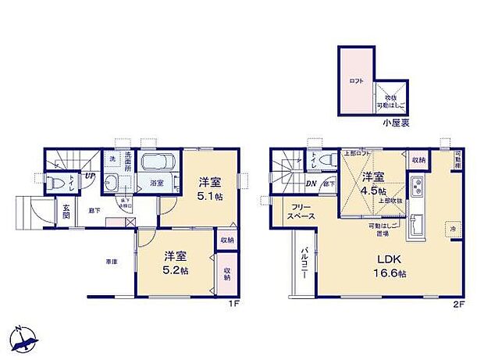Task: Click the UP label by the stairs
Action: coord(90,176)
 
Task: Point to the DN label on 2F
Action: coord(311,184)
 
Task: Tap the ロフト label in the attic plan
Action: coord(358,80)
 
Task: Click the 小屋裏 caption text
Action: coord(397,123)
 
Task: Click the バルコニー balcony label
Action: coord(304,266)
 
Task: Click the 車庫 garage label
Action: coord(112,262)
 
